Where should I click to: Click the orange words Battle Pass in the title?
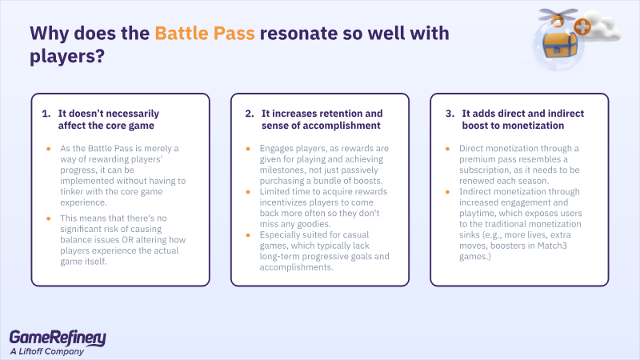tap(206, 34)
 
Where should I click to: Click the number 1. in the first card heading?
tap(46, 113)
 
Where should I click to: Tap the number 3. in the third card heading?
tap(450, 113)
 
